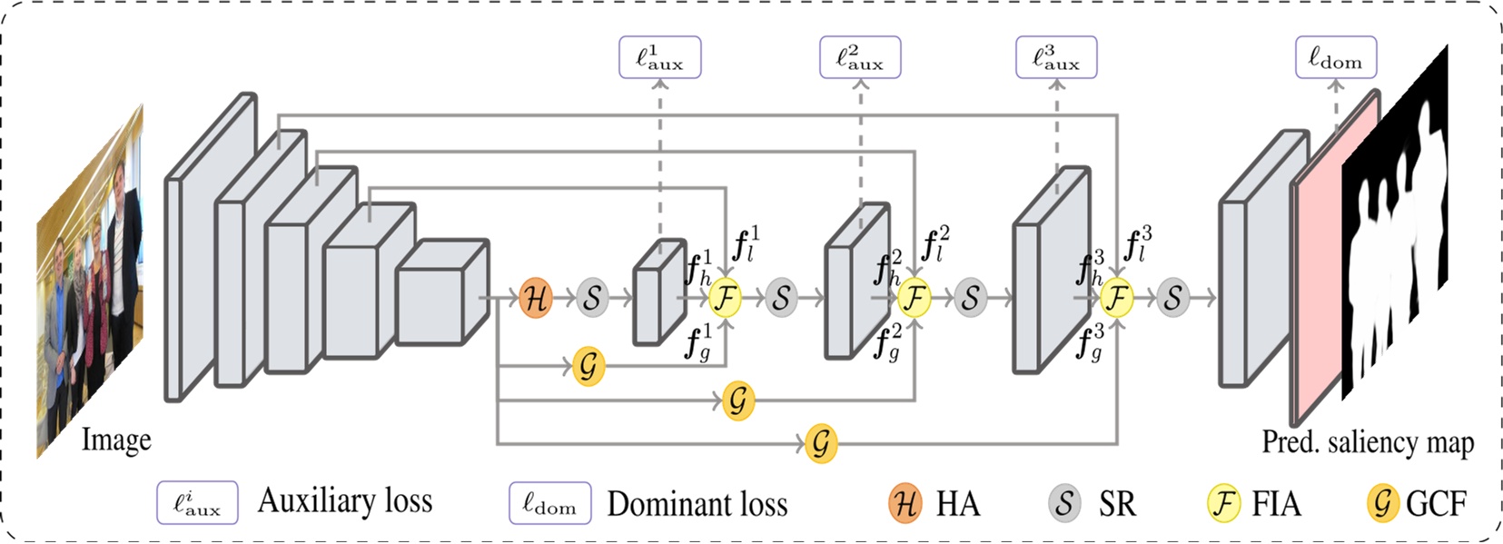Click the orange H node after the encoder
click(x=536, y=298)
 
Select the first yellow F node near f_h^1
click(x=725, y=298)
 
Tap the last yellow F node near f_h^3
click(x=1117, y=298)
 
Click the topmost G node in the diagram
click(x=589, y=366)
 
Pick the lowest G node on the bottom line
click(x=821, y=443)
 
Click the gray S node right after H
click(x=591, y=298)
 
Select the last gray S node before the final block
click(x=1172, y=298)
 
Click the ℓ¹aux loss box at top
click(x=659, y=57)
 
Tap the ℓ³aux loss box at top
click(x=1056, y=57)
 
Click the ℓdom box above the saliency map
click(x=1335, y=57)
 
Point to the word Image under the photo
click(x=116, y=440)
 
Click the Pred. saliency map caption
click(x=1368, y=442)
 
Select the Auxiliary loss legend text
click(x=345, y=501)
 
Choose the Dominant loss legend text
click(x=697, y=504)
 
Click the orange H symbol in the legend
click(x=905, y=503)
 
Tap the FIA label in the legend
click(x=1276, y=503)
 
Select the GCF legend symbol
click(x=1382, y=503)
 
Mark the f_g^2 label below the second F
click(x=886, y=342)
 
